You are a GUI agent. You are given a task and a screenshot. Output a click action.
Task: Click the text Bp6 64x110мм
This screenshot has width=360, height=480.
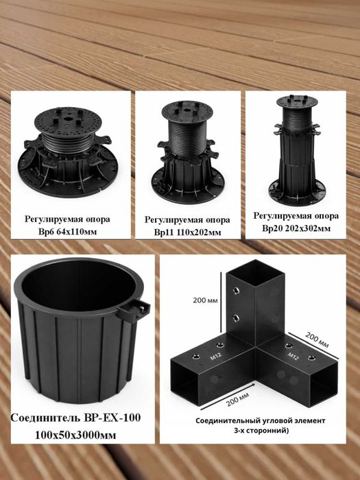click(x=67, y=232)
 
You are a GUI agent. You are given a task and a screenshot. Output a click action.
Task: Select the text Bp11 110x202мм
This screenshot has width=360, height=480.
click(x=187, y=232)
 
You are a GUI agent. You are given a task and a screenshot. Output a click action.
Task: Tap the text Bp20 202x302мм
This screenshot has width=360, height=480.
click(x=296, y=228)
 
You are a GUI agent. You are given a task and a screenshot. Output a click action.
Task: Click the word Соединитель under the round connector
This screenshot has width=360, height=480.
click(x=46, y=418)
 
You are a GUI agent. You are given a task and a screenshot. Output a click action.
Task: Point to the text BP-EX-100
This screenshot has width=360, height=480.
click(x=112, y=418)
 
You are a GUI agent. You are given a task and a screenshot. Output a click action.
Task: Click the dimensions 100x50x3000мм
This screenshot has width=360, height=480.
click(x=75, y=435)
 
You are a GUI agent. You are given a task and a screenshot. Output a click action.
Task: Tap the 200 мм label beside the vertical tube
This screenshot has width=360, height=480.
click(x=205, y=300)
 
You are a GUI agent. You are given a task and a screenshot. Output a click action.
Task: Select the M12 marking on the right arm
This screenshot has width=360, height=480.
click(x=293, y=356)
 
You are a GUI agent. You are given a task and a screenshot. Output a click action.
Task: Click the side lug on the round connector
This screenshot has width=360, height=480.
click(x=133, y=311)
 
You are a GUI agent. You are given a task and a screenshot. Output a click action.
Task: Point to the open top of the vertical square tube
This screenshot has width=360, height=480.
click(x=256, y=272)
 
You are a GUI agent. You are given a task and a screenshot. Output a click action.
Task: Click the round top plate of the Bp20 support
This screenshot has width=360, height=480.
click(x=297, y=101)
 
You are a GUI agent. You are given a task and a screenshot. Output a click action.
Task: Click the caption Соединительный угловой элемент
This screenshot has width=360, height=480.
click(x=260, y=420)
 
